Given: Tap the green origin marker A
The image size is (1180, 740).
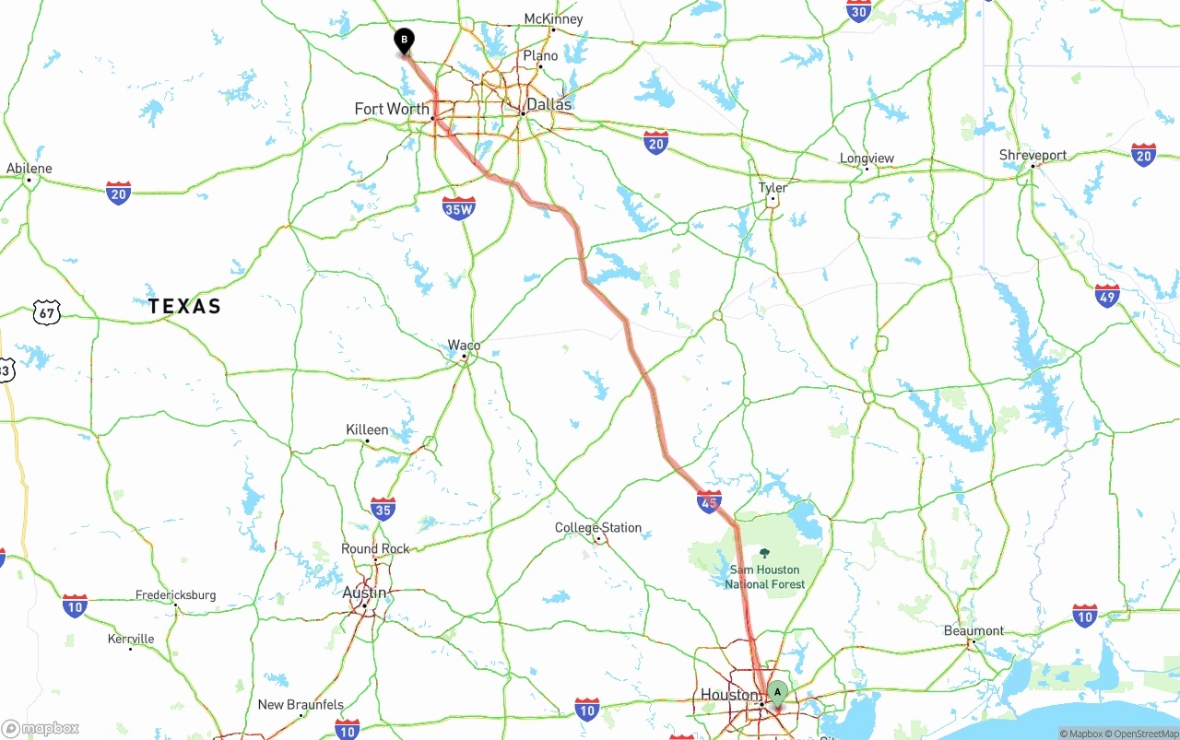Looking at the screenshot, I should coord(777,692).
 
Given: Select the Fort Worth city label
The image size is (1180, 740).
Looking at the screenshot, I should coord(392,109).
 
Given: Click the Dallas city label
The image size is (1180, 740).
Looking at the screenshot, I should coord(549,104).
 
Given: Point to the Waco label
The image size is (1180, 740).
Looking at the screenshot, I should coord(464,346).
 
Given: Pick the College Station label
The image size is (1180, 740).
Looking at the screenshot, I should coord(597,528).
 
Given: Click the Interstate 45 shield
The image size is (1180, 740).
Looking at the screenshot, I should coord(709,501).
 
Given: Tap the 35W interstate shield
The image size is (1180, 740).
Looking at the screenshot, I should coord(458,208).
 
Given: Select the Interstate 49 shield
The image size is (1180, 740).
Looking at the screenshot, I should coord(1107,296).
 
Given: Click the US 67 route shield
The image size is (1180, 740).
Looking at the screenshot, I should coord(47,311).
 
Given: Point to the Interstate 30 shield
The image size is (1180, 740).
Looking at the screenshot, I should coord(858,10).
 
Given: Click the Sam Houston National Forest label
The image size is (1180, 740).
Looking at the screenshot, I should coord(764,577).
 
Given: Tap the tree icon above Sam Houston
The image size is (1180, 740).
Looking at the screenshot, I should coord(764,553).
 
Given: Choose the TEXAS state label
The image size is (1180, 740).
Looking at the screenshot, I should coord(184,307).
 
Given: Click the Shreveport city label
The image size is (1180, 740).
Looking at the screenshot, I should coord(1032,155).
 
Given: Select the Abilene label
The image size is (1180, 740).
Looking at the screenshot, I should coord(29,169).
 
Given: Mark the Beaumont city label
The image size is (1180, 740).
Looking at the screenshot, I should coord(973,631).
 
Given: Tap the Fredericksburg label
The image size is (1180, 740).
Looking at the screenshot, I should coord(175,595).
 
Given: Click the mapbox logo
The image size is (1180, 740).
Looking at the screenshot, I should coord(41,729).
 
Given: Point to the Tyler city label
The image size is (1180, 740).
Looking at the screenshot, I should coord(773,188).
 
